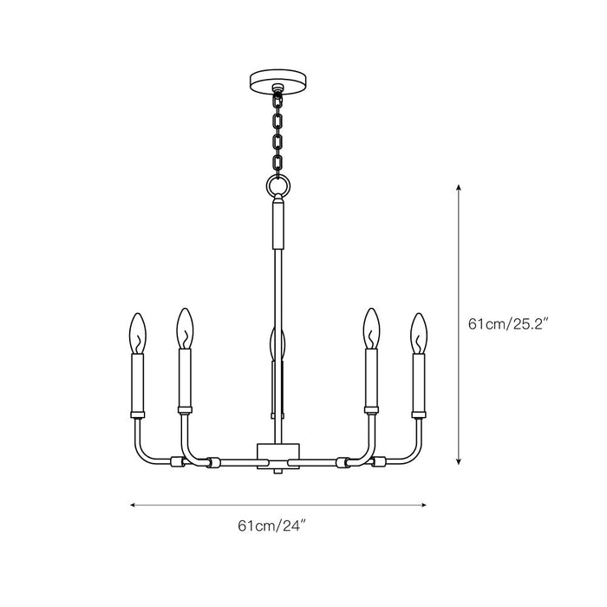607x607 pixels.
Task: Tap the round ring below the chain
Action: [277, 186]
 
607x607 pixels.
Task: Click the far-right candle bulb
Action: [420, 332]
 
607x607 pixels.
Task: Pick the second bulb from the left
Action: [183, 328]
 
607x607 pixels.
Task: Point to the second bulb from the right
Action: [372, 328]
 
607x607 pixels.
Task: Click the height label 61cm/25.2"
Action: [509, 324]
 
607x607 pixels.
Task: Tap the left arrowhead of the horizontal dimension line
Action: [133, 502]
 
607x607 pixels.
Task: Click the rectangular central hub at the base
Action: [277, 452]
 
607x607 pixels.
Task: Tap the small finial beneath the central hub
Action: [277, 468]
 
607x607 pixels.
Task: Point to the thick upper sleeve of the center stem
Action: [277, 224]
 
